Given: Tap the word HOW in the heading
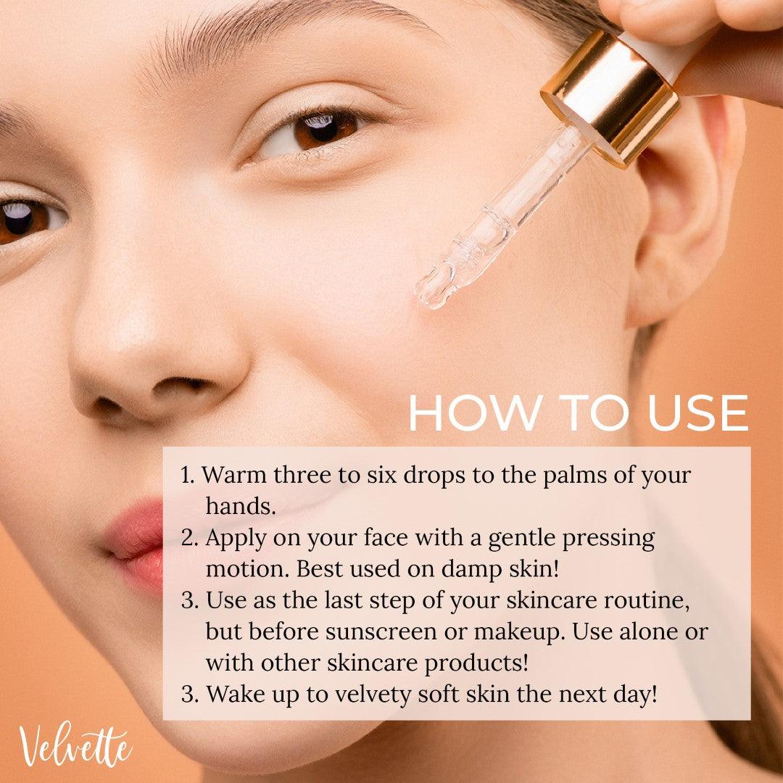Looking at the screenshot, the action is click(474, 413).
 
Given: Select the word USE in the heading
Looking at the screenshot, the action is click(697, 413).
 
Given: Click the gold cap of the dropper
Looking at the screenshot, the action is click(610, 98).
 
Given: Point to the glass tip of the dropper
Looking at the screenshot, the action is click(432, 291).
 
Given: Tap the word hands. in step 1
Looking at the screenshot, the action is click(241, 506).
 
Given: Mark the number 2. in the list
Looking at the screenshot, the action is click(190, 538).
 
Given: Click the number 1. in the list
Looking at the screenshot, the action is click(188, 475).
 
